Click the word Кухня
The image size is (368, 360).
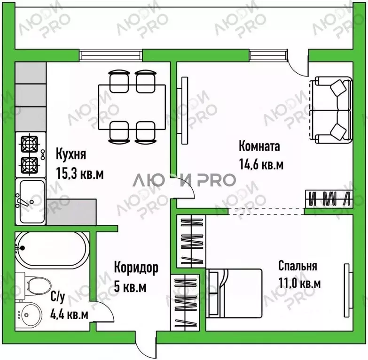pos(71,154)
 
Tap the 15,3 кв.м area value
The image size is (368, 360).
pos(79,173)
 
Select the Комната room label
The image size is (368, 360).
pos(259,146)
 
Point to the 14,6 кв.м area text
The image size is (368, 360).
pos(261,165)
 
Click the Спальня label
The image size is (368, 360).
pos(298,266)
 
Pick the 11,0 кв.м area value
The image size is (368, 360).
pos(299,283)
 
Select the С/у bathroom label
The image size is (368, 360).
pos(57,297)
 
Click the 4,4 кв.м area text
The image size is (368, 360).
pos(70,315)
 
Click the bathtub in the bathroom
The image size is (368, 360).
pos(51,249)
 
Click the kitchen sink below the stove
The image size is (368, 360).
pos(31,200)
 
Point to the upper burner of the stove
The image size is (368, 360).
pos(29,142)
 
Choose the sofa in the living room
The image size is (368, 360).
pos(332,111)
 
